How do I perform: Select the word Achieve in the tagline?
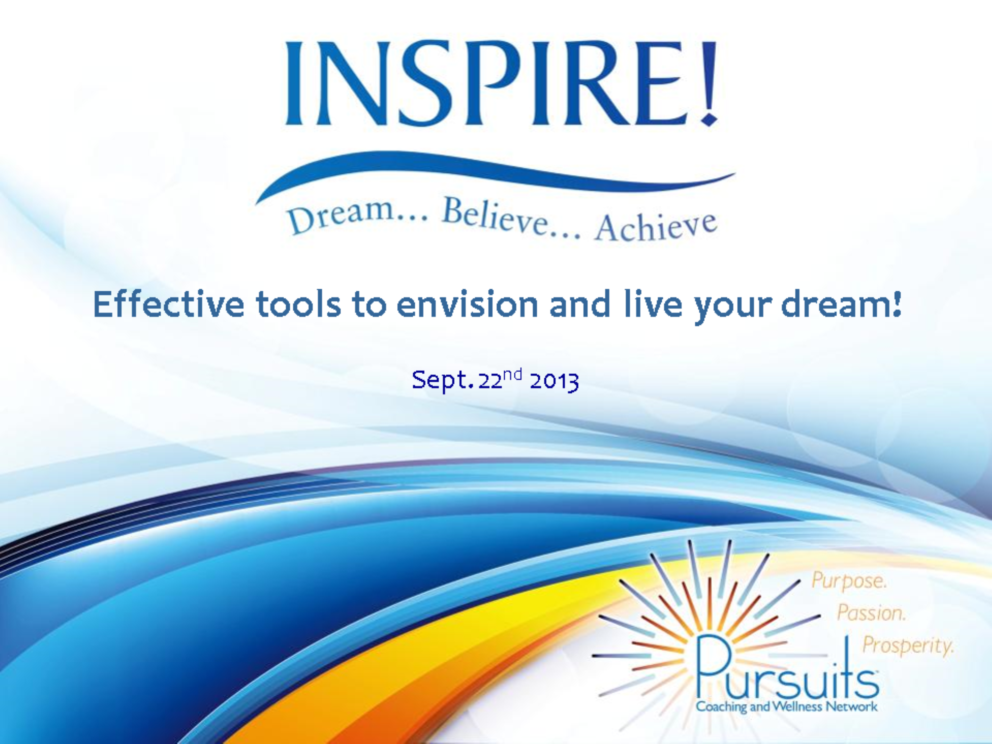(656, 227)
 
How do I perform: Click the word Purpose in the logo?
(848, 581)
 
